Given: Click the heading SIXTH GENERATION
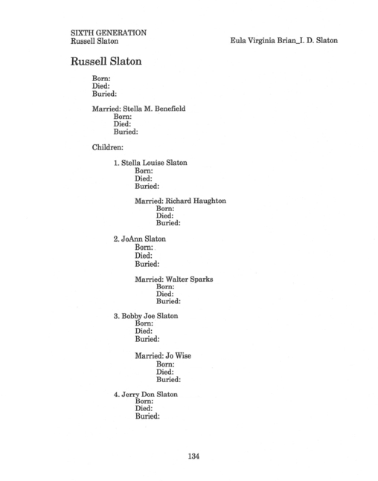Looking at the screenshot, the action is click(109, 33).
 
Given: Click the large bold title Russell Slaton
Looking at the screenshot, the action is click(106, 61).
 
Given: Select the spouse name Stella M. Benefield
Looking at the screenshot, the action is click(154, 109).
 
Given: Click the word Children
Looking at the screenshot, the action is click(107, 147).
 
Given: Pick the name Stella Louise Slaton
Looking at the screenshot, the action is click(154, 163).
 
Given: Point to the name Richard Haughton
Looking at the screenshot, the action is click(196, 201).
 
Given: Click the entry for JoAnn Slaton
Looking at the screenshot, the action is click(144, 239).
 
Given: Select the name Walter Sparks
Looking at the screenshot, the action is click(189, 279).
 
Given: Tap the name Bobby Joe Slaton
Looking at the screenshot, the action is click(150, 316).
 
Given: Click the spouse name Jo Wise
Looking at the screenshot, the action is click(178, 356).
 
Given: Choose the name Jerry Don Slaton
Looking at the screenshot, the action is click(150, 395).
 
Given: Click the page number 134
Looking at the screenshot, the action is click(193, 456).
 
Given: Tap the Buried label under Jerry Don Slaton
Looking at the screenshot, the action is click(147, 416).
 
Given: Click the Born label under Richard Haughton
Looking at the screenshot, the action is click(164, 209).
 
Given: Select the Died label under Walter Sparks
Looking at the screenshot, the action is click(164, 294).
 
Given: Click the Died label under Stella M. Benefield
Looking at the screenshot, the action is click(121, 124).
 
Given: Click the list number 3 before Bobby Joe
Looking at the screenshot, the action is click(116, 316).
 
